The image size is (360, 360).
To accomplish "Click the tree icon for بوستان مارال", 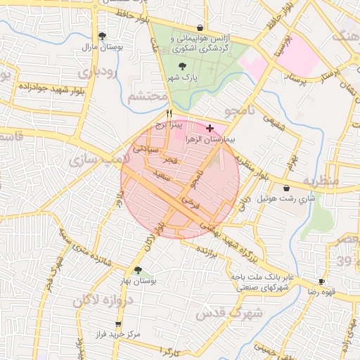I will coord(103,35).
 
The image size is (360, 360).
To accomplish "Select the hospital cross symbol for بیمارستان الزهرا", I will coord(210,128).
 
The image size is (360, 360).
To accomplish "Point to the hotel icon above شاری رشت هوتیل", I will coord(286,188).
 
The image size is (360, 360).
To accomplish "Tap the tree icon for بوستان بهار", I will coord(138,270).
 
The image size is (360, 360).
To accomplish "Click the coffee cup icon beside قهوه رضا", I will coord(321,281).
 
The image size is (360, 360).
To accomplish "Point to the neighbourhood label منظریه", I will coord(321,181).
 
